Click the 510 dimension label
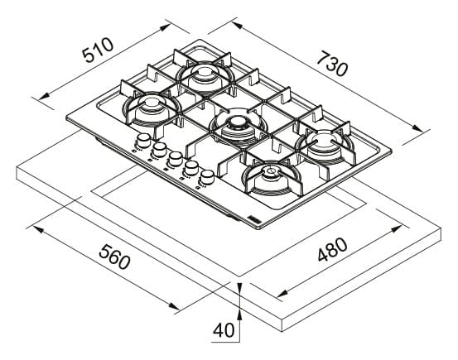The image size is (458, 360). [x=98, y=50]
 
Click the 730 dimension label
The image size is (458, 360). [x=332, y=64]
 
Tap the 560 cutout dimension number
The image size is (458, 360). [x=114, y=257]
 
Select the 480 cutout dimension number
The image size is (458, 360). [x=332, y=249]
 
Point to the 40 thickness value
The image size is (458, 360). [x=224, y=330]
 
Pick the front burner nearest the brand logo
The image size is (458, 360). [x=272, y=178]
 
